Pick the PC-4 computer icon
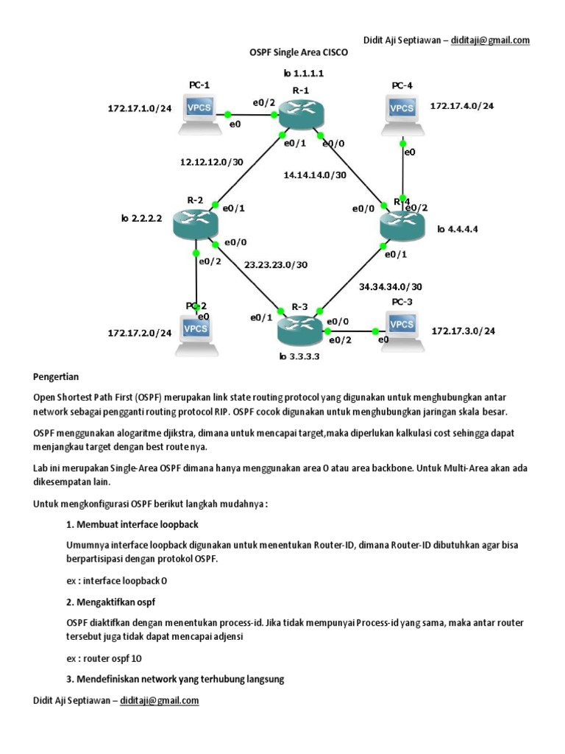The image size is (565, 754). pos(402,111)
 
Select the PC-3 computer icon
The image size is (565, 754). pos(401,328)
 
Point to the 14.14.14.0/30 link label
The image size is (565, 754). pos(314,175)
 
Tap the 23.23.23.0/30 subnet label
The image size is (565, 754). pos(277,264)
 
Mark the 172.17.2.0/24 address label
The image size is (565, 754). pos(140,333)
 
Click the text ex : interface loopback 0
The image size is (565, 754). pos(112,580)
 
